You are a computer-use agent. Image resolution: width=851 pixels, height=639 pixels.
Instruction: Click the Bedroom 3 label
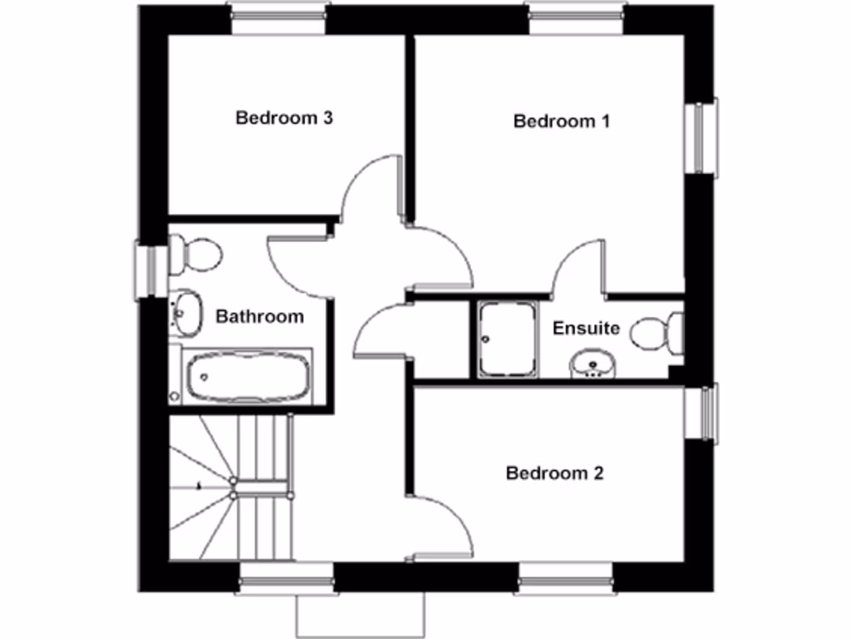pos(284,117)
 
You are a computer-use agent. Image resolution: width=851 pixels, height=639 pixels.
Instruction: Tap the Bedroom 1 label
pos(562,121)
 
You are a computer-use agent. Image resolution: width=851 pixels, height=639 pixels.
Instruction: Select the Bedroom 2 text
pos(554,473)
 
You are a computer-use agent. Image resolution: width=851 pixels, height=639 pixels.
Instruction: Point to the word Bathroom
pos(259,316)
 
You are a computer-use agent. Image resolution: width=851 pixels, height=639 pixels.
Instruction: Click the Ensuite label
pos(586,328)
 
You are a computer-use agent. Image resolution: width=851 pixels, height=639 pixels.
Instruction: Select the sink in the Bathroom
pos(185,312)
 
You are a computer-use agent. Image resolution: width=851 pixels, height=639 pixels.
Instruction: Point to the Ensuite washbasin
pos(593,363)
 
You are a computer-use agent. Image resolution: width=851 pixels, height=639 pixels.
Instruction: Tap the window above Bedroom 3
pos(278,18)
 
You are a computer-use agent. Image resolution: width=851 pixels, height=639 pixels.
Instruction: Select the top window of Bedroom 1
pos(576,18)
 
